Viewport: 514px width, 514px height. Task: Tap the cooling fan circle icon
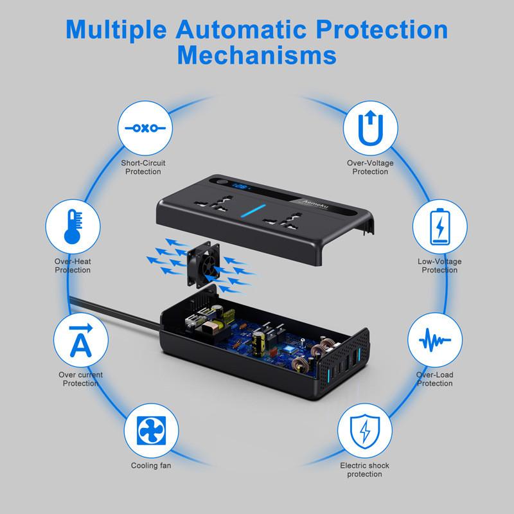150,430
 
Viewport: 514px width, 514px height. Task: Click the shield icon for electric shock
364,430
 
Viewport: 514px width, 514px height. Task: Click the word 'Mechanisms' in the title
257,54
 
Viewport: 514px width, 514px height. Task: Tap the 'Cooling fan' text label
151,465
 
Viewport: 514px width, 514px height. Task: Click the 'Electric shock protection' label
364,470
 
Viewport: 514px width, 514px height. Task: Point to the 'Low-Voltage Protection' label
440,266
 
